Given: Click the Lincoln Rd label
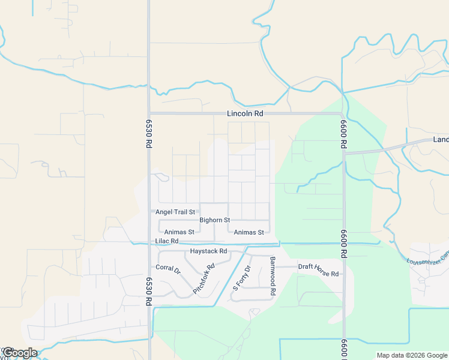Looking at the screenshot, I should tap(245, 113).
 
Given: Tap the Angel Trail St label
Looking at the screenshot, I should tap(175, 212).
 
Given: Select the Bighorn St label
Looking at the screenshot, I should tap(215, 220).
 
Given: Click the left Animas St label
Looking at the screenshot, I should tap(179, 232).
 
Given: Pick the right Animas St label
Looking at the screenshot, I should tap(249, 232).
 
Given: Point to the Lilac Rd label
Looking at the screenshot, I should tap(167, 241).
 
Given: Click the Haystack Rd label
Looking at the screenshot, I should tap(208, 251).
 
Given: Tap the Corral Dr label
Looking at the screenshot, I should tap(168, 268).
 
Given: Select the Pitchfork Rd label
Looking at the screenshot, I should tap(204, 279).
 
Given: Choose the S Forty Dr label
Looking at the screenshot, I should tap(241, 278).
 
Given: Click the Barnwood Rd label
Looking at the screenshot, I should tap(273, 275).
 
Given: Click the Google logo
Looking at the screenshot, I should tap(19, 353).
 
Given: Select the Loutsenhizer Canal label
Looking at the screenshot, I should tap(426, 260).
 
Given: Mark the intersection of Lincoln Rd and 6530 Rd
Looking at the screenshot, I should tap(149, 113).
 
